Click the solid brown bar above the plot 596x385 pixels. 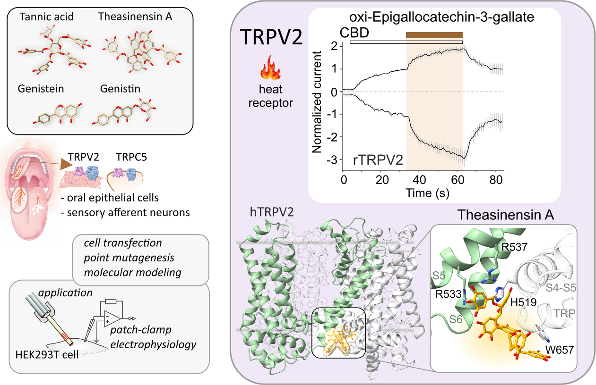434,34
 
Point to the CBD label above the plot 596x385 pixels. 354,34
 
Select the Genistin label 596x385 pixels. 117,88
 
